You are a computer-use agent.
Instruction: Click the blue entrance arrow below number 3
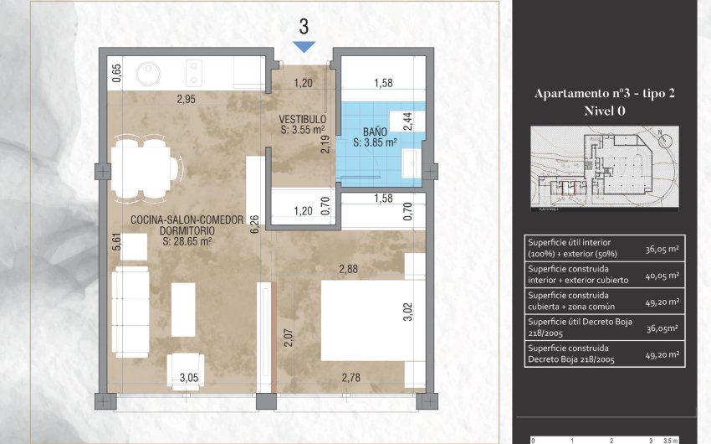[x=304, y=46]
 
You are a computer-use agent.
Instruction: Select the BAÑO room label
[x=375, y=132]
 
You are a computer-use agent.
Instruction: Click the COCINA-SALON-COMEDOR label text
[x=187, y=219]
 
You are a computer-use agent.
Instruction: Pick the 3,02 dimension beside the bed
[x=408, y=312]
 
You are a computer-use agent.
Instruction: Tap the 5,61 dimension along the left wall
[x=118, y=243]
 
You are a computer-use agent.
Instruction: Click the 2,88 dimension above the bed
[x=349, y=268]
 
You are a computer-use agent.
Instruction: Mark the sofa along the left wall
[x=131, y=300]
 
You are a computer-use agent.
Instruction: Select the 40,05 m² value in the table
[x=662, y=275]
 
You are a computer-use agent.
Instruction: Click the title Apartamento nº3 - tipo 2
[x=604, y=94]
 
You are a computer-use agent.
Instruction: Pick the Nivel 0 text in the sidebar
[x=604, y=111]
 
